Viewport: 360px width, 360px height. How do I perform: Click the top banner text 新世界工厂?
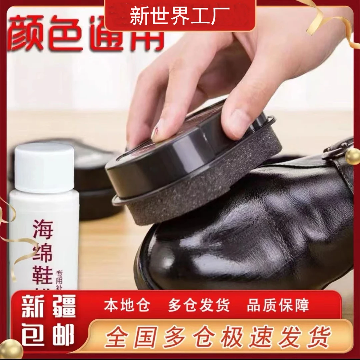[180, 16]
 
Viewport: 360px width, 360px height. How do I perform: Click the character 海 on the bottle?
[43, 229]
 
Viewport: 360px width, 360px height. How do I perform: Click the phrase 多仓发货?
[199, 305]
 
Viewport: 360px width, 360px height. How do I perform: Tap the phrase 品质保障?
[278, 305]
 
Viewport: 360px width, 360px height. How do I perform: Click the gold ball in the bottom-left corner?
[11, 349]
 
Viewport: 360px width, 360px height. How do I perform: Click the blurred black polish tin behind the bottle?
[97, 187]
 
